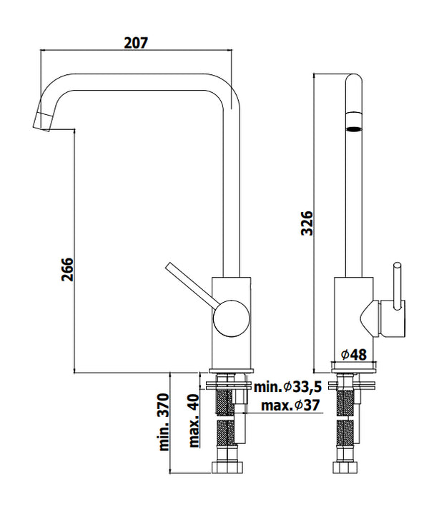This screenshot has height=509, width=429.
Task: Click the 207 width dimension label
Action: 136,42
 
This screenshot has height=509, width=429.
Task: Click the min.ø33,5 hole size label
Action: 288,387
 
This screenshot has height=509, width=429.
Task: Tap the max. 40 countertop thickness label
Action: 193,421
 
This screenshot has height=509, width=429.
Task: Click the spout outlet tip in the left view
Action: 42,121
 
